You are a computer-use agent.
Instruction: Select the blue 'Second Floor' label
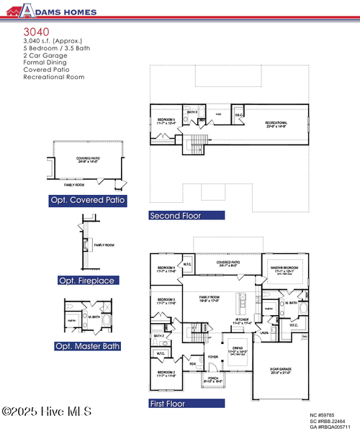176,215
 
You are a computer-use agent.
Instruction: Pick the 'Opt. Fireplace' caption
86,280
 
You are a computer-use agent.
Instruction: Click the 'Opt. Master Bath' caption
88,346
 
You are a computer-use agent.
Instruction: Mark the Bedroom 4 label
166,269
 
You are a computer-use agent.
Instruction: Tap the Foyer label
213,356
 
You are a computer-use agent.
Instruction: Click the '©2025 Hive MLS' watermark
46,412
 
